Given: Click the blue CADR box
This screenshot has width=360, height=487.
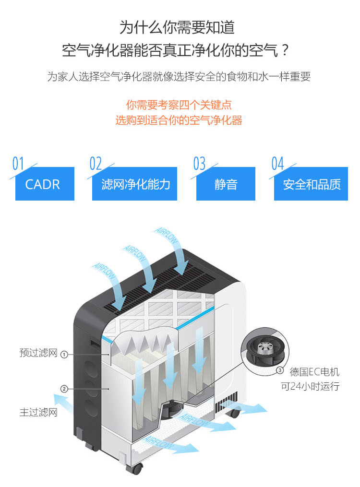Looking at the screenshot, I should [x=45, y=184].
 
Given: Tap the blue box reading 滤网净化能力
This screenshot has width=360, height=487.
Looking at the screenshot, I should [x=135, y=184].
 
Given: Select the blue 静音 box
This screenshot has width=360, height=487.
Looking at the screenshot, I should [x=226, y=184].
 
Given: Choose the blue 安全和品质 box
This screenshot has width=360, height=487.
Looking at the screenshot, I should [x=311, y=184].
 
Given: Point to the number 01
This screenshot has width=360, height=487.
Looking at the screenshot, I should [x=18, y=164].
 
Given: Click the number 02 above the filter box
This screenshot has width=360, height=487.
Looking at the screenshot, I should [x=96, y=164].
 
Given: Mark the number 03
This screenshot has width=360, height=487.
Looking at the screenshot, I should [x=199, y=164].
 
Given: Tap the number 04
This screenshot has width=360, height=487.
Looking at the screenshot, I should [x=277, y=164].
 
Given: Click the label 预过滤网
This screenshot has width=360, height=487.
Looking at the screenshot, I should [x=38, y=354].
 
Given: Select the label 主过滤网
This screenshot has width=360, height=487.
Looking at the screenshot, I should [x=38, y=412].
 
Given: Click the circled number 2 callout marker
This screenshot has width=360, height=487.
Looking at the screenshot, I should [x=64, y=389].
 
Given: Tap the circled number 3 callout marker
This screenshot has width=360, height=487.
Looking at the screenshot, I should [x=280, y=370].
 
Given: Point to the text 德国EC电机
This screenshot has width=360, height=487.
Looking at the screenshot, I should [x=314, y=372].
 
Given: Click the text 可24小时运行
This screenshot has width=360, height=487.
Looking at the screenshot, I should [x=310, y=386].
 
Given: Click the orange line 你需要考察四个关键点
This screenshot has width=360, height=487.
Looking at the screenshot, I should [x=179, y=105].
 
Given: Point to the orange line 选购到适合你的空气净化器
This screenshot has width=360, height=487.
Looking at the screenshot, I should [x=179, y=120].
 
